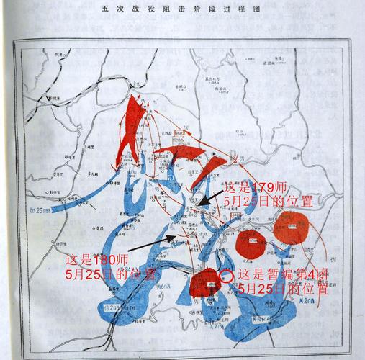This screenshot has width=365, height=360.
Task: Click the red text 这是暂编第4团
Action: pos(283,274)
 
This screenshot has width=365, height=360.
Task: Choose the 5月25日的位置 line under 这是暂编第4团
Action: pos(283,288)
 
